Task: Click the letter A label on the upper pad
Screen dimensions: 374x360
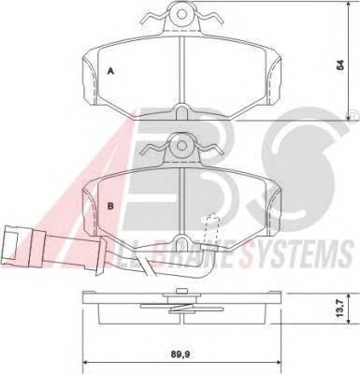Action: coord(111,71)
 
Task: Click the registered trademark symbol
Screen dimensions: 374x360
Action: coord(350,117)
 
